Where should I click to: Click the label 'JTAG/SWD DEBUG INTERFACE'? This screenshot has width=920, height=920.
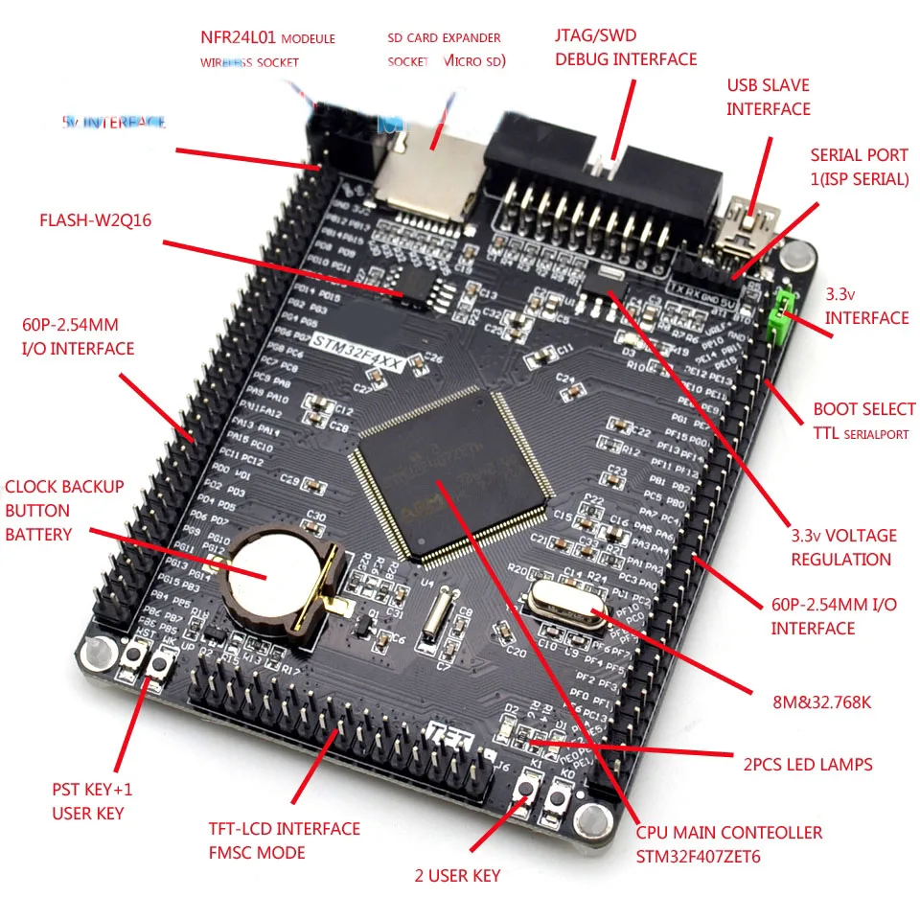click(625, 47)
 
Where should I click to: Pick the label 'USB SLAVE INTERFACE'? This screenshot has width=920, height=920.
click(769, 97)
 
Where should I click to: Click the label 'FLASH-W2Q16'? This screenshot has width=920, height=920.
click(95, 219)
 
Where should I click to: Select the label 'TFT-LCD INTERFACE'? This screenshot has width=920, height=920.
click(284, 828)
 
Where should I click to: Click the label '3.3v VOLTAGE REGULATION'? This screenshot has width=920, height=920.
click(843, 547)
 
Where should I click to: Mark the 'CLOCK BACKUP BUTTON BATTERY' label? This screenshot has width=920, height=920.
click(64, 510)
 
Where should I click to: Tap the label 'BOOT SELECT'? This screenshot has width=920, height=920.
click(863, 409)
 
